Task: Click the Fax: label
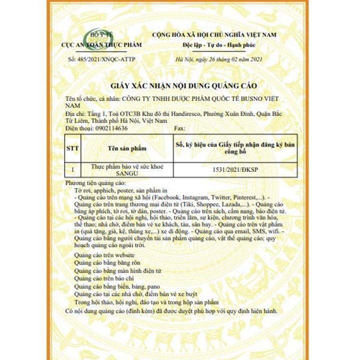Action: [180, 128]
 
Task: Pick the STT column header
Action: [72, 148]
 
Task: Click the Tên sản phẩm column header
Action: [127, 148]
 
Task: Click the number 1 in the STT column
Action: [72, 170]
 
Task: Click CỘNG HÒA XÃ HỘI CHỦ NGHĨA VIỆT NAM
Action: [215, 34]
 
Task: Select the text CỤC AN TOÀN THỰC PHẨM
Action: [101, 45]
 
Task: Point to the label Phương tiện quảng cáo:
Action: [94, 183]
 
